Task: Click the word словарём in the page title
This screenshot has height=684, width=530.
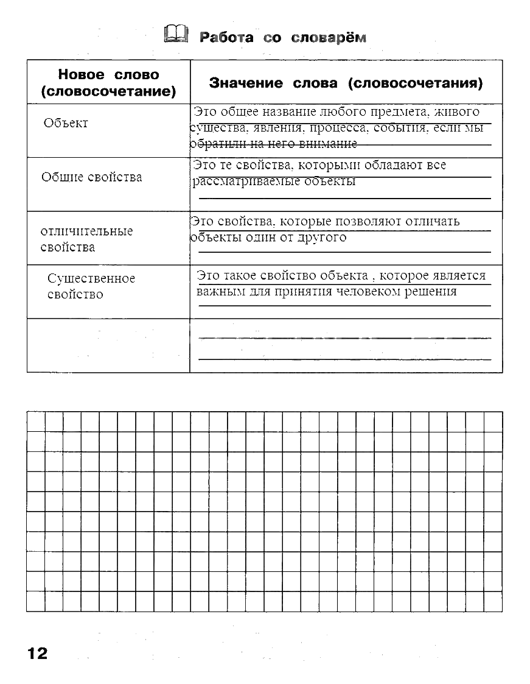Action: (329, 38)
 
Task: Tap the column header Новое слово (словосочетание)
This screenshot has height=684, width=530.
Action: (108, 83)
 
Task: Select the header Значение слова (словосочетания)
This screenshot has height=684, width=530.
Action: (346, 83)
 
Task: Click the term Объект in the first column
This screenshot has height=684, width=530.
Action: (66, 123)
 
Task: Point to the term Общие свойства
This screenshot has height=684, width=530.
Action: (92, 177)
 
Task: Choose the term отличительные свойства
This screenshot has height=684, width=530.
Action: (86, 239)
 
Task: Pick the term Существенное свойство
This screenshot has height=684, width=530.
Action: (91, 286)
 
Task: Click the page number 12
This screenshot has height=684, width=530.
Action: (37, 654)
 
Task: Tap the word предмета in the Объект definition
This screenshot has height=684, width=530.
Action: (396, 112)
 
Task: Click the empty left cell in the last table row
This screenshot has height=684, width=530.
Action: (108, 345)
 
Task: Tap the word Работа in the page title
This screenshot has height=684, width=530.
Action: (226, 38)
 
